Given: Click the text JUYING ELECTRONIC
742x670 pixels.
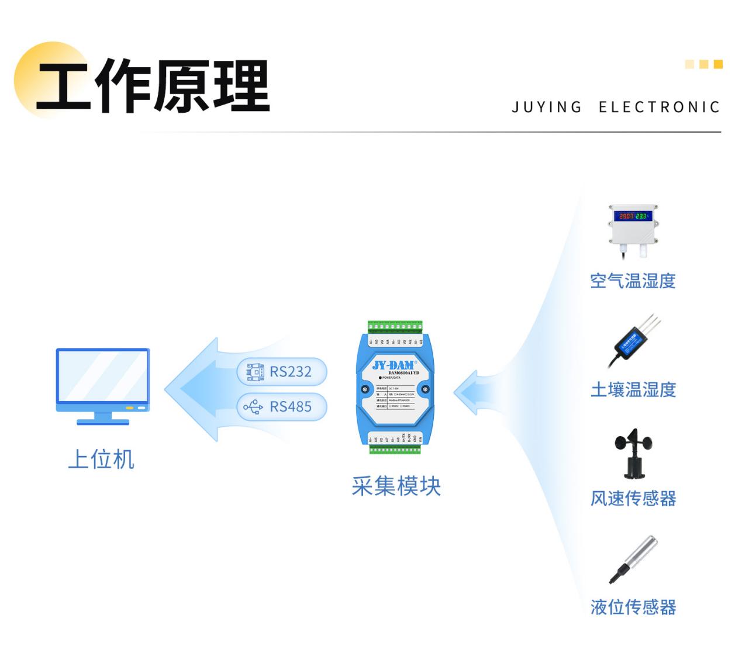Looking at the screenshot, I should tap(616, 108).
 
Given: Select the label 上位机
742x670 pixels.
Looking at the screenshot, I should tap(101, 460).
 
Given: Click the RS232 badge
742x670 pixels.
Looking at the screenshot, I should tap(282, 372).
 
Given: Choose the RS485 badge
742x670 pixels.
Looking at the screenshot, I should tap(282, 407).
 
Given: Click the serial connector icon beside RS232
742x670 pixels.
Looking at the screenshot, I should tap(255, 372).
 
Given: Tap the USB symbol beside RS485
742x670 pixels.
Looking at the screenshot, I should tap(254, 407).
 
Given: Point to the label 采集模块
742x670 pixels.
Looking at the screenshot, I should tap(396, 486).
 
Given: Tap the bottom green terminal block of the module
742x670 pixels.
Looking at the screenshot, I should tap(395, 449).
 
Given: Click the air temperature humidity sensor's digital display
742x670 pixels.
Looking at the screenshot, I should tap(633, 216).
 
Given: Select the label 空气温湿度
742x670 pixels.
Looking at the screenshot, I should tap(633, 281).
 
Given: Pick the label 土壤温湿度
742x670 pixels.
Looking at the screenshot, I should tap(633, 390).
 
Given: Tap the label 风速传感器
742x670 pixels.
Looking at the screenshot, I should tap(633, 499).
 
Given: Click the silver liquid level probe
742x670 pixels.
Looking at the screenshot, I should tap(634, 558).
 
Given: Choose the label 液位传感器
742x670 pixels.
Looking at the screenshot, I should tap(633, 607).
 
